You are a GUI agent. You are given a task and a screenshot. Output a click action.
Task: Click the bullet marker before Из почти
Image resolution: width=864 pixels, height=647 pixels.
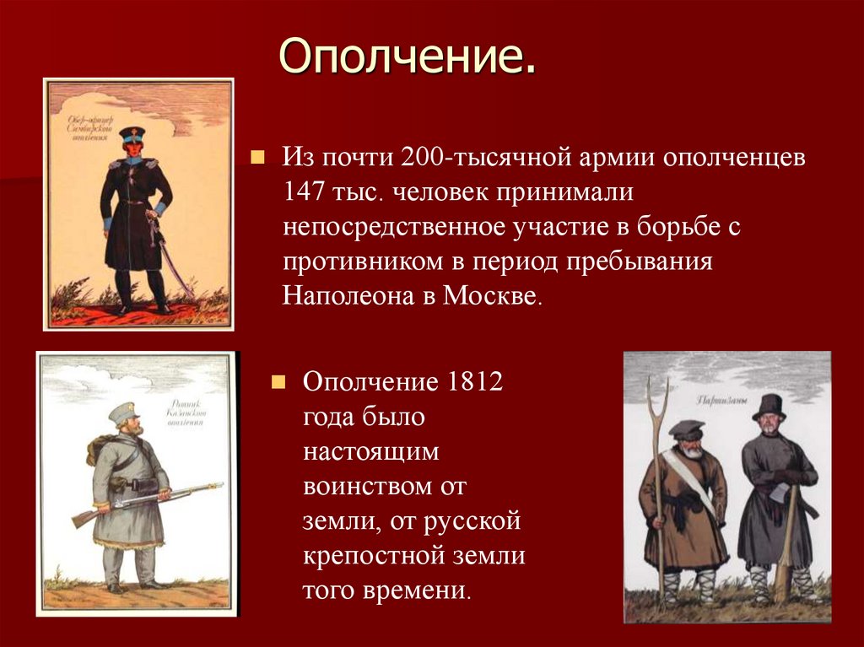[258, 157]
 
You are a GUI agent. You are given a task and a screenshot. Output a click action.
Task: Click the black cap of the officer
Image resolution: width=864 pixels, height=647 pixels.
[132, 132]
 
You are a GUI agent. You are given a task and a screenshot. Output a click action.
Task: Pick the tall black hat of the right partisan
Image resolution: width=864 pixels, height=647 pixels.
[769, 407]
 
